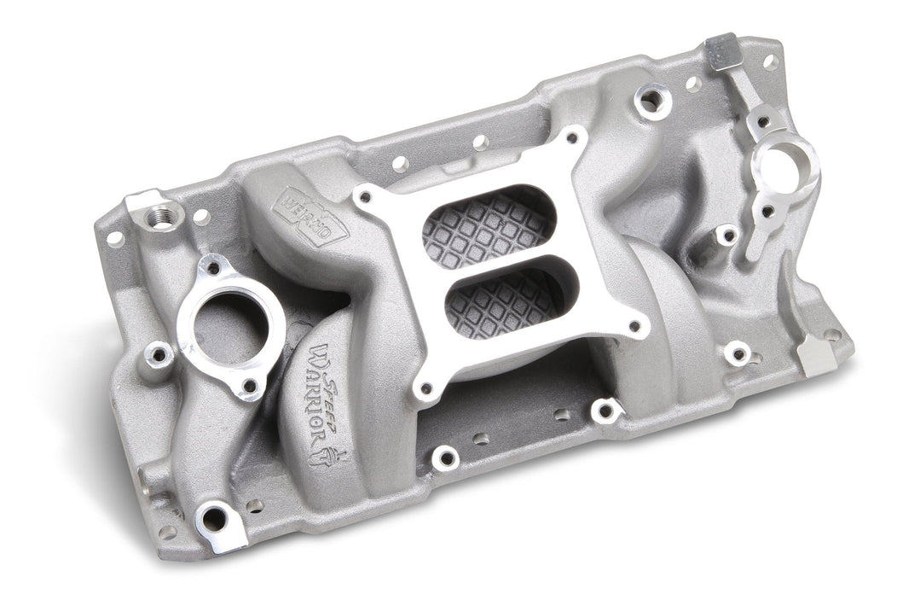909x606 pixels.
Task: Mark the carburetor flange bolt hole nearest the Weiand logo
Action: (365, 197)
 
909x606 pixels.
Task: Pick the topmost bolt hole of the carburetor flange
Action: (573, 138)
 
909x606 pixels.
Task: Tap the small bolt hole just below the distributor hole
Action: (768, 210)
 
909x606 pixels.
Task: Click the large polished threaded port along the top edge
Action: (652, 101)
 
